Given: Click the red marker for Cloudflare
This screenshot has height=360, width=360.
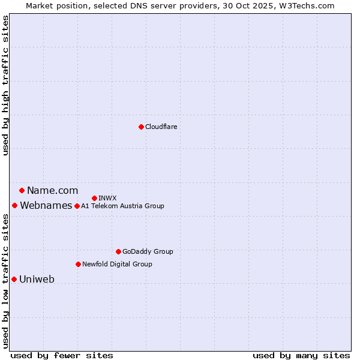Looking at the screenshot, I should pyautogui.click(x=141, y=127).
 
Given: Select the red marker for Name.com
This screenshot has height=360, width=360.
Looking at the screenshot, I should pyautogui.click(x=22, y=191).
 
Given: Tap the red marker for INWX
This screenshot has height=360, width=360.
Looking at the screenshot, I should pyautogui.click(x=94, y=198).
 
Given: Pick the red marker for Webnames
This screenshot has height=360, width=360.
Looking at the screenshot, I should pyautogui.click(x=14, y=206).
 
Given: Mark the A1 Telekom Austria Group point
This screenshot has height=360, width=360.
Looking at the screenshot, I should pyautogui.click(x=77, y=206).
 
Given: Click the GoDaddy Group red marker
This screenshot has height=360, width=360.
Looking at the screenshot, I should pyautogui.click(x=118, y=251).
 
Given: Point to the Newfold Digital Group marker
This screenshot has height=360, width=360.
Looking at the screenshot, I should pyautogui.click(x=78, y=264).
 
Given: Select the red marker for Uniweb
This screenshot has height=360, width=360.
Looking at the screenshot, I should pyautogui.click(x=14, y=279).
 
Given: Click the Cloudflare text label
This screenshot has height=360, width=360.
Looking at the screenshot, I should pyautogui.click(x=161, y=127).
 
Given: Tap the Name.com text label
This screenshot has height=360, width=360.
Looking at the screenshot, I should pyautogui.click(x=52, y=191).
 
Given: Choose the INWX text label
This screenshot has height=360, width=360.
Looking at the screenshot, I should pyautogui.click(x=107, y=198).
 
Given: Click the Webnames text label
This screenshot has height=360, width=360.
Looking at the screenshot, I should pyautogui.click(x=46, y=206).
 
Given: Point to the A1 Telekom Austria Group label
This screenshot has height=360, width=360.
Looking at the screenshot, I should pyautogui.click(x=122, y=206).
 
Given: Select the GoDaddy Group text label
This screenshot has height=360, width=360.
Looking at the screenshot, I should pyautogui.click(x=148, y=251).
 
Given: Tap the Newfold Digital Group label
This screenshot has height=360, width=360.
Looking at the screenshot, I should pyautogui.click(x=117, y=264).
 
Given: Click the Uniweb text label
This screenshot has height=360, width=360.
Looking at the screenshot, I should pyautogui.click(x=37, y=279).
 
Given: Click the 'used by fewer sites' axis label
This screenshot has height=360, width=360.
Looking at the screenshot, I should pyautogui.click(x=62, y=355).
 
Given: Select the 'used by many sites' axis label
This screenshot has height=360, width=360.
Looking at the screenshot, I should pyautogui.click(x=301, y=355).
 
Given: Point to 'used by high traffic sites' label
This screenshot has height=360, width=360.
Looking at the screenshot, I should pyautogui.click(x=6, y=85).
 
